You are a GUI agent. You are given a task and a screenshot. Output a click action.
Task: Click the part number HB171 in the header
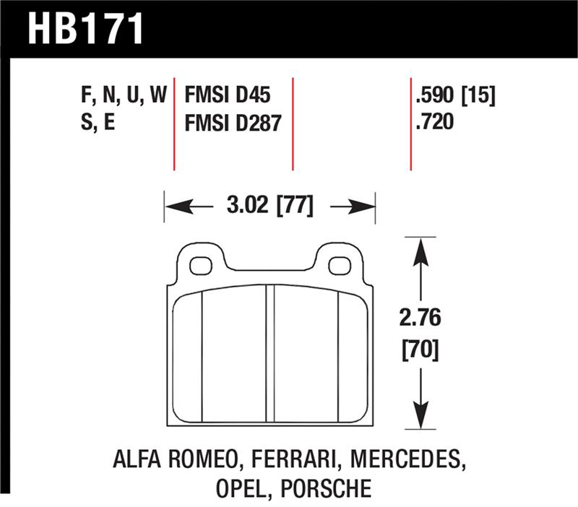point(86,30)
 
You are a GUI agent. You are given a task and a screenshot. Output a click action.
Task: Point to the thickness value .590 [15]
point(454,95)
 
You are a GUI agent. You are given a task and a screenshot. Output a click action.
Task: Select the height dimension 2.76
point(420,318)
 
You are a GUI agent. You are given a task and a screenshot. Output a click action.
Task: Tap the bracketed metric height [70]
point(420,351)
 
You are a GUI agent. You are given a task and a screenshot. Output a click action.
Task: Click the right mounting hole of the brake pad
point(339,265)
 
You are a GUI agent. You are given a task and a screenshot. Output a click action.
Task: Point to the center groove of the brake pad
point(270,354)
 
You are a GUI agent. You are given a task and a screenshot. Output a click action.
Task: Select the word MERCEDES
point(405,460)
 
